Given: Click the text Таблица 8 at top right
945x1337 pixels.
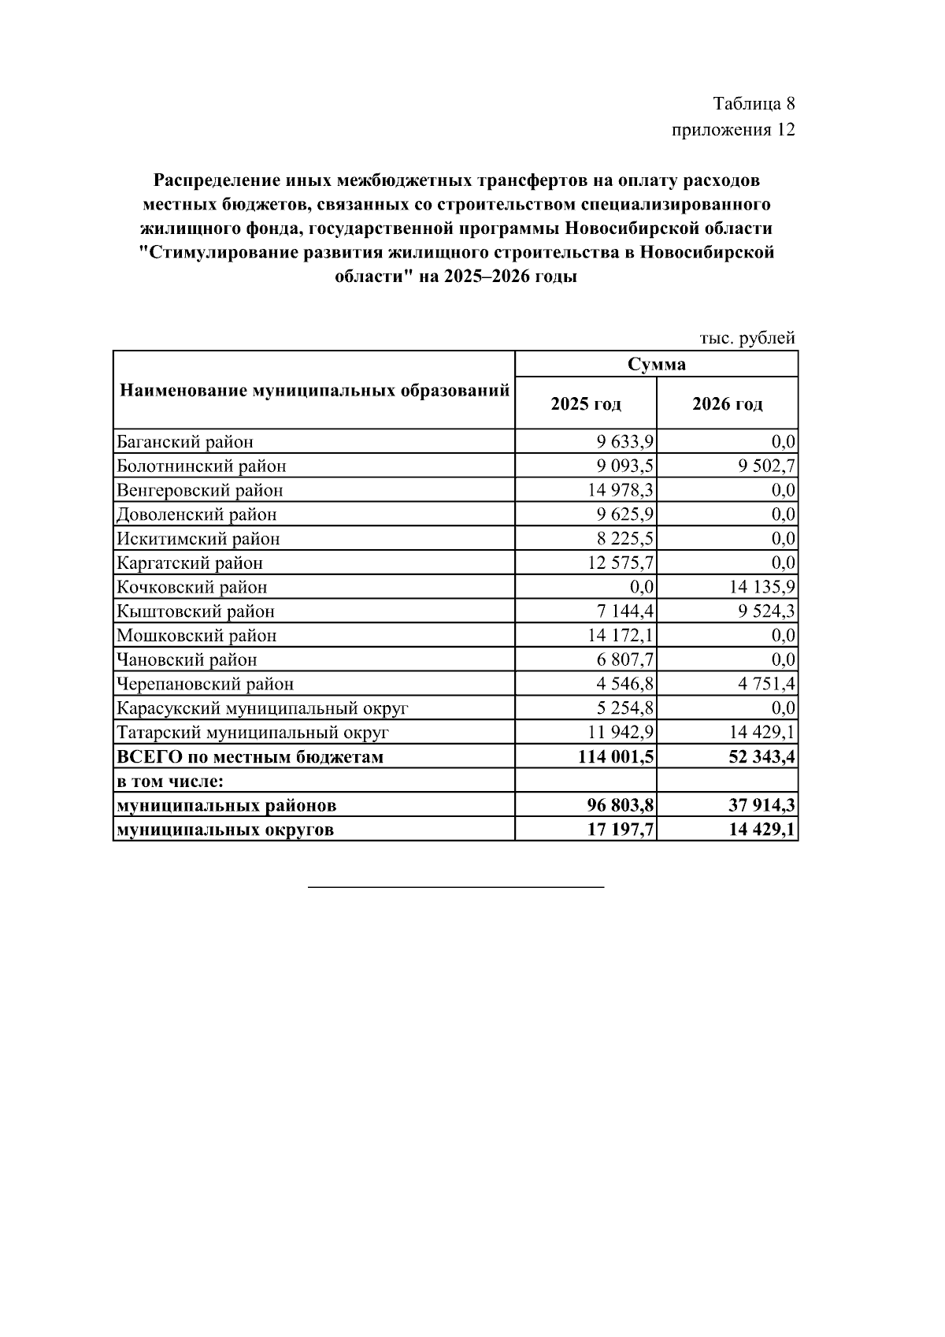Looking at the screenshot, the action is coord(754,104).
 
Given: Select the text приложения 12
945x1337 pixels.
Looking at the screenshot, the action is coord(732,130).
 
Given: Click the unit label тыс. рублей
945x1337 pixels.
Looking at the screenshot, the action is coord(747,338).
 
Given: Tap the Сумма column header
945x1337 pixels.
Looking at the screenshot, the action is coord(656,364).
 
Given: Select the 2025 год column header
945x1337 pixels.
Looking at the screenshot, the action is coord(586,404).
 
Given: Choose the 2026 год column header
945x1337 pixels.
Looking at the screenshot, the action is coord(727,404).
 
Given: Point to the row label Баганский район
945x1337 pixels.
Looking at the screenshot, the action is coord(185,442).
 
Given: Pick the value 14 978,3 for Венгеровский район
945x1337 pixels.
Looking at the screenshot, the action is coord(621,491).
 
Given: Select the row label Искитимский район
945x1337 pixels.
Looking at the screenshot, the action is coord(198,540).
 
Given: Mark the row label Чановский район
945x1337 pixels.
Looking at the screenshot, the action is coord(187,660).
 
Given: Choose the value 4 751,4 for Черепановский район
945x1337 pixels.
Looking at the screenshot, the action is coord(767,685).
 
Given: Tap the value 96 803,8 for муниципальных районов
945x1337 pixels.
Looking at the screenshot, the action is coord(620,806).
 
